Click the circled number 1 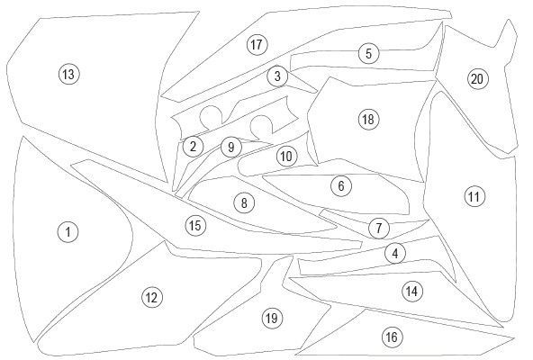point(68,232)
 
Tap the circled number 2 point(193,147)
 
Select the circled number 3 point(277,76)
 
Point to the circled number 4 point(395,253)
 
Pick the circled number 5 point(369,53)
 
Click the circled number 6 point(341,185)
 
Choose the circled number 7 point(379,228)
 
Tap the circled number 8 point(244,202)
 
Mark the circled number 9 point(231,148)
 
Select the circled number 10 point(286,157)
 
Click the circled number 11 point(474,196)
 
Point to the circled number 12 point(152,298)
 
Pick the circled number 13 point(69,74)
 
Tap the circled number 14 point(412,291)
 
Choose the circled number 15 point(195,225)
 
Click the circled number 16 point(393,337)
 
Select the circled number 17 point(257,44)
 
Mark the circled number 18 point(368,120)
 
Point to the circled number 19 point(272,319)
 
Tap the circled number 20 point(477,79)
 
